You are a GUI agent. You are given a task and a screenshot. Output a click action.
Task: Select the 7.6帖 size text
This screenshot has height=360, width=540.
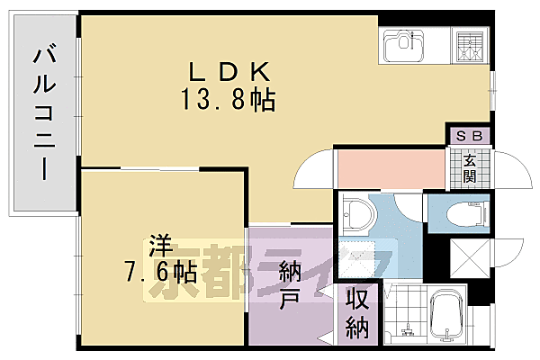click(162, 268)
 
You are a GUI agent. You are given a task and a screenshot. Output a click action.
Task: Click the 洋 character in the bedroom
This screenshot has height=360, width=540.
click(160, 244)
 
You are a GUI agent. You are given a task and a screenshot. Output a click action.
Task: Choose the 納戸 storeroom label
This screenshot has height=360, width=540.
click(290, 283)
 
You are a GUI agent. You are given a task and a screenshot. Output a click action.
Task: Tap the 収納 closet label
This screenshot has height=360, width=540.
click(357, 312)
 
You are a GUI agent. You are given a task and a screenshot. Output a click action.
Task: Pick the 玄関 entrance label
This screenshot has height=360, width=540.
click(471, 167)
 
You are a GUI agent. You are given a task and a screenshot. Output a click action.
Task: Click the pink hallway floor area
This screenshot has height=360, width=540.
click(391, 167)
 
